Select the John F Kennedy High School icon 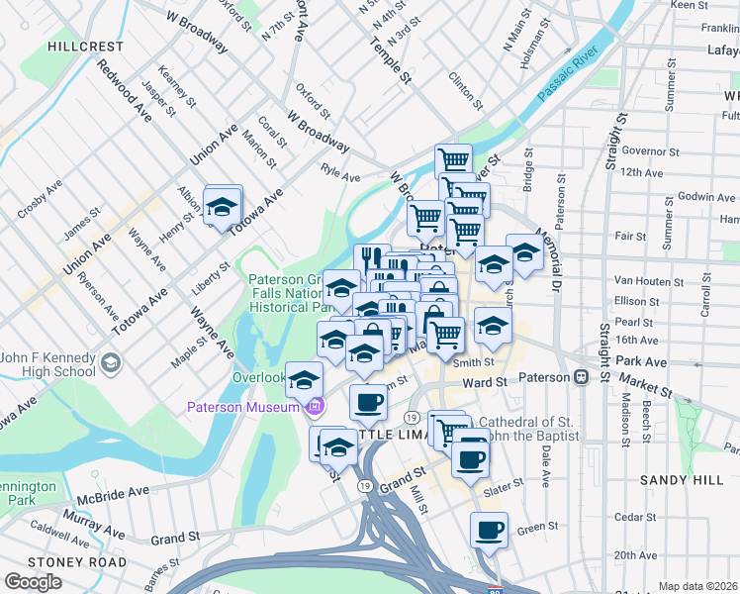pos(109,363)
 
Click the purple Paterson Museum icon pos(316,407)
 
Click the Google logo pos(33,581)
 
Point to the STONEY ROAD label pos(62,561)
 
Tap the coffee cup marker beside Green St pos(489,530)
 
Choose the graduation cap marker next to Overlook pos(305,378)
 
